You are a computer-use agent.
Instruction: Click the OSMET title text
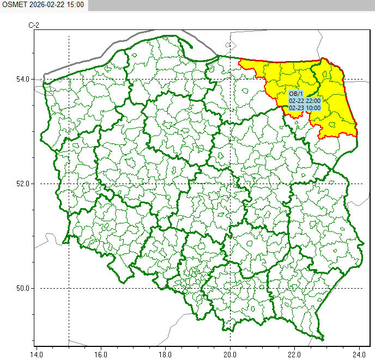pos(12,4)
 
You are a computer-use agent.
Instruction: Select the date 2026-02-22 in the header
pos(45,4)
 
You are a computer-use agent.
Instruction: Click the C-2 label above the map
pos(34,26)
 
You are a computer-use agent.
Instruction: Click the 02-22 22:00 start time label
pos(305,101)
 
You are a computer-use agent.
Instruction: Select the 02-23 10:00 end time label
pos(305,108)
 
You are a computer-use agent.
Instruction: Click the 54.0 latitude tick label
pos(22,79)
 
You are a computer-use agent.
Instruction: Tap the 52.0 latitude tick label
pos(22,184)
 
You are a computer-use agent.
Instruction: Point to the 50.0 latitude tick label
pos(22,288)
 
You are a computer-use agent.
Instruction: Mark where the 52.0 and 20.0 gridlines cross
pos(231,184)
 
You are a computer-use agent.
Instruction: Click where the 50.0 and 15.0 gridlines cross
pos(69,288)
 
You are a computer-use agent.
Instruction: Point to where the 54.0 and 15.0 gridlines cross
pos(69,79)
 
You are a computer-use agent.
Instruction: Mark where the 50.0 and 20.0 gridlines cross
pos(231,288)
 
